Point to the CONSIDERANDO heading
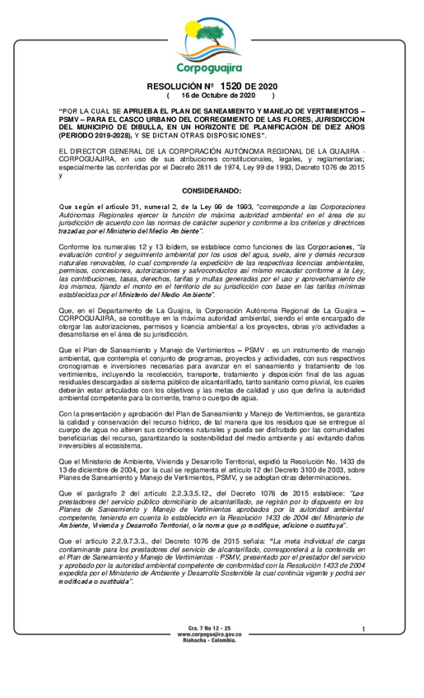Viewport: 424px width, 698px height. click(211, 191)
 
